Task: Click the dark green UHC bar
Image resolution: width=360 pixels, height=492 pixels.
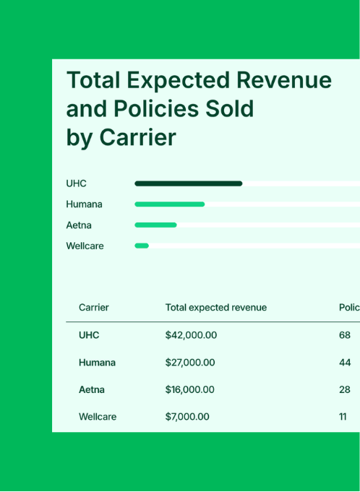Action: [188, 184]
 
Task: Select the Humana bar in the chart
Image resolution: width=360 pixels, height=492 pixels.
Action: [169, 204]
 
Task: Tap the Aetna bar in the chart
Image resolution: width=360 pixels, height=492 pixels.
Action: [155, 225]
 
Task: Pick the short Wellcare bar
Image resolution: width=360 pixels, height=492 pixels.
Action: [142, 246]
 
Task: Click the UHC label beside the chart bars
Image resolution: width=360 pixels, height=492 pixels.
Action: [76, 184]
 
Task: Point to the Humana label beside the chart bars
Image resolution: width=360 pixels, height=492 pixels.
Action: [84, 204]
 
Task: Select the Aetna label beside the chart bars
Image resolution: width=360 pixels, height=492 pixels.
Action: [79, 225]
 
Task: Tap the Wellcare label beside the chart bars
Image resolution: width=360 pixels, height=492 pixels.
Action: [85, 246]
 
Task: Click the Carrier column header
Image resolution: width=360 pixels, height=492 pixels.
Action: [93, 308]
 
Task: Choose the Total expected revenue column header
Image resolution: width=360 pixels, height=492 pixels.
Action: [215, 308]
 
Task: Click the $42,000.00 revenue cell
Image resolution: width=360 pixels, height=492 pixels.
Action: [191, 335]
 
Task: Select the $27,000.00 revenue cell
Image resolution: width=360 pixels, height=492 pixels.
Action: [190, 363]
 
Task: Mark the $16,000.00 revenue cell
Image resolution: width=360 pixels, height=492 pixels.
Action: [189, 389]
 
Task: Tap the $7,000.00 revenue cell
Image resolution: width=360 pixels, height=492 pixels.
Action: [187, 417]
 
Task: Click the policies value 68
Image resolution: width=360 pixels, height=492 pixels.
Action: [345, 335]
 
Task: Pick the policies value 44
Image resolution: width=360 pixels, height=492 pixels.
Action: [345, 363]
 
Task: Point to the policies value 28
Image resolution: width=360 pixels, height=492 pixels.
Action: [345, 389]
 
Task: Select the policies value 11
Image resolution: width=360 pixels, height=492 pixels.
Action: [343, 417]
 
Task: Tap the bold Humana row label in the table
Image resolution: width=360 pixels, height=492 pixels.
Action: [97, 363]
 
